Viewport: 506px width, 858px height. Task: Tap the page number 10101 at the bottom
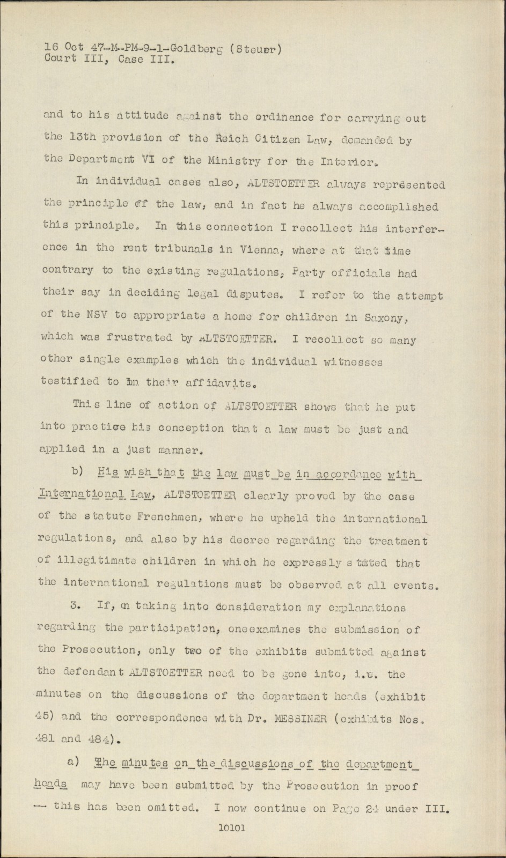click(232, 827)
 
